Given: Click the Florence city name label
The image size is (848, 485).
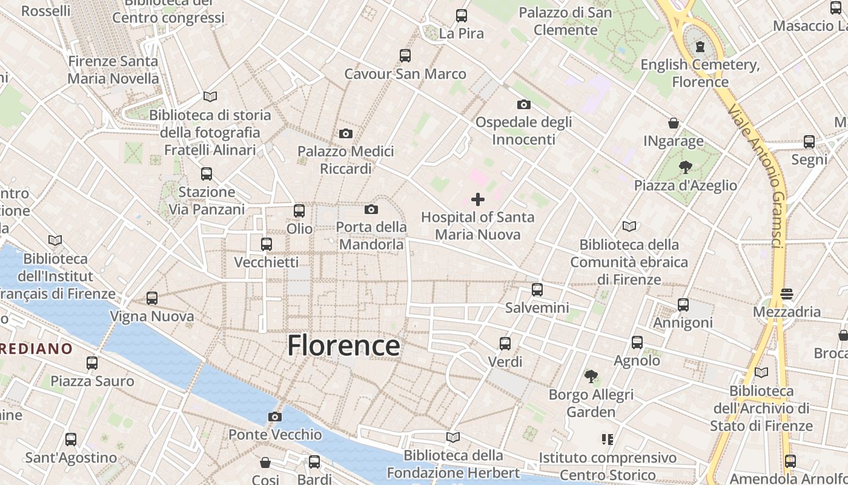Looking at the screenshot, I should tap(343, 346).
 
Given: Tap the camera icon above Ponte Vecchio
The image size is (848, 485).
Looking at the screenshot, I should tap(275, 416).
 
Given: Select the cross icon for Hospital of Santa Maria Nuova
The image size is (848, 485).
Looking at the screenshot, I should tap(478, 199).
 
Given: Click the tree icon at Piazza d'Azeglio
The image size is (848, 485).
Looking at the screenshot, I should tap(686, 167).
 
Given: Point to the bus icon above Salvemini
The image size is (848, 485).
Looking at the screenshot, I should tap(537, 289).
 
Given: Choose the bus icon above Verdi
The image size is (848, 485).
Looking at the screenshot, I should tap(505, 344).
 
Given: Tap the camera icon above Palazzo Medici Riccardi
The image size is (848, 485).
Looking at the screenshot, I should tap(346, 133).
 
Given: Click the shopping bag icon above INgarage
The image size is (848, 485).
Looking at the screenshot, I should tap(673, 123).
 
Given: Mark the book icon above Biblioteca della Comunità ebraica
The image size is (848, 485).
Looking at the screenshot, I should tap(629, 226).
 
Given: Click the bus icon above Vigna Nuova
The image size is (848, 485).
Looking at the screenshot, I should tap(151, 298).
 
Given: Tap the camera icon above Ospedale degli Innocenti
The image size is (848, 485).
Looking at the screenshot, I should tap(524, 104).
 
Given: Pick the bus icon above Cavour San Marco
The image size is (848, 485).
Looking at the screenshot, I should tap(405, 56).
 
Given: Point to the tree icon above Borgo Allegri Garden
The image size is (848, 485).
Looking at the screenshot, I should tap(591, 376).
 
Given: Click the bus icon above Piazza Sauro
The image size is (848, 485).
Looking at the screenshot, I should tap(92, 363).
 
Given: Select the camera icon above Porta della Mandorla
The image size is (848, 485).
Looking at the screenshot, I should tap(371, 209).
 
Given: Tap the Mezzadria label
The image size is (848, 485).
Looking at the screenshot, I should tap(787, 312).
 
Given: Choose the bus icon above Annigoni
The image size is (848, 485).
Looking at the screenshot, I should tap(683, 304).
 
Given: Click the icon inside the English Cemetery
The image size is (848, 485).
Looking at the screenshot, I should tap(700, 46).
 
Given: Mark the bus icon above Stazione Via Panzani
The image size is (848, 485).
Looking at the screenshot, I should tap(207, 174).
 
